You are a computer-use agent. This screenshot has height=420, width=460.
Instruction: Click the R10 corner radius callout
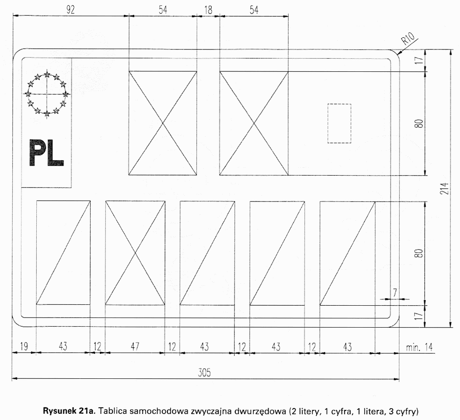[408, 38]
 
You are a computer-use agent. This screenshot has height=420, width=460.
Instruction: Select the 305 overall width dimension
[204, 373]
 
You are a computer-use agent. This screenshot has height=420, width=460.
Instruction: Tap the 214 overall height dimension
[444, 188]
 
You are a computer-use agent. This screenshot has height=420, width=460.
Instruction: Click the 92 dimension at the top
[70, 10]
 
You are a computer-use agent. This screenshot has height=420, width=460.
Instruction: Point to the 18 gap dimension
[208, 10]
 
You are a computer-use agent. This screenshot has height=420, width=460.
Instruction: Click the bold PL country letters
[46, 152]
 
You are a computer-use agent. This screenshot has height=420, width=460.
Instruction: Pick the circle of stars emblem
[47, 94]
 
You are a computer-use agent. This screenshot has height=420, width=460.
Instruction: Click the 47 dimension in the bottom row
[135, 346]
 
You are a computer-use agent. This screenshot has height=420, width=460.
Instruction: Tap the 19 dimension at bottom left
[24, 346]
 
